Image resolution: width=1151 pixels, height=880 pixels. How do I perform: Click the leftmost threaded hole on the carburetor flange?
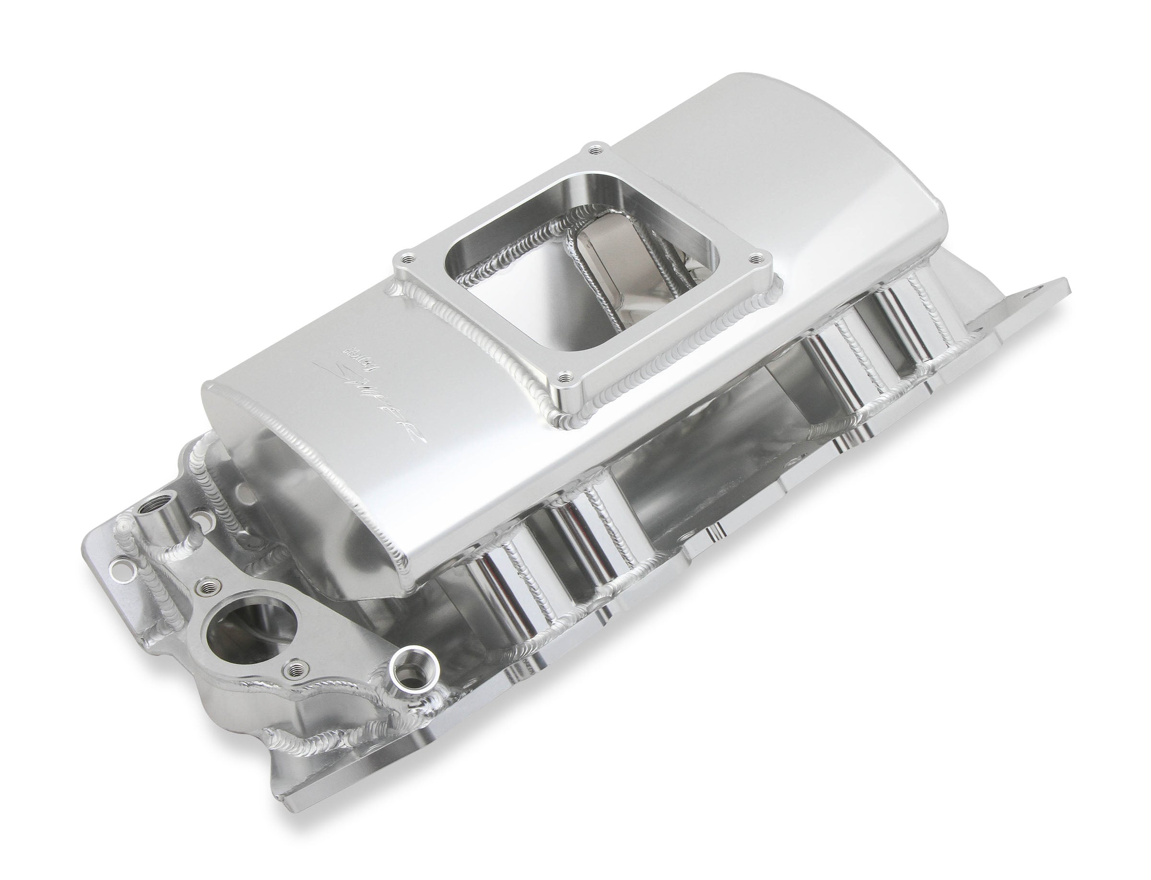pos(407,258)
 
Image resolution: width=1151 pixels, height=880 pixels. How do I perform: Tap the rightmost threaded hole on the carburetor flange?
pos(756,258)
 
